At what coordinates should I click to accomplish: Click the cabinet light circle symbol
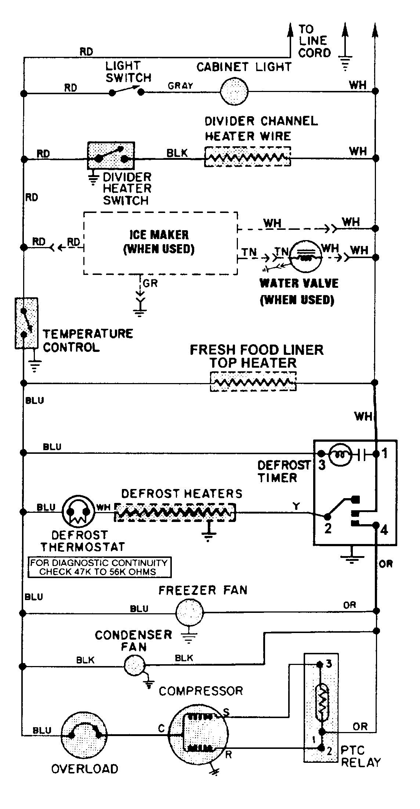coord(234,91)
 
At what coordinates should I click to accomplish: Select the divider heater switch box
coord(111,155)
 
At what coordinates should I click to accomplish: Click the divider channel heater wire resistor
coord(247,157)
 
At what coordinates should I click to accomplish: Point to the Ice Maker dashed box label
coord(159,242)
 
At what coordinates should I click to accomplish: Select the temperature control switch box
coord(26,323)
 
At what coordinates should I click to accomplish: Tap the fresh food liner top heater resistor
coord(253,382)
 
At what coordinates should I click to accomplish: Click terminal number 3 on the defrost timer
coord(322,465)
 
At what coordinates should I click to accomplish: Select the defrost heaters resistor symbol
coord(175,512)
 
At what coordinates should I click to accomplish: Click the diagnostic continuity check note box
coord(99,567)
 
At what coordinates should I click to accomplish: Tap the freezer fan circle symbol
coord(189,612)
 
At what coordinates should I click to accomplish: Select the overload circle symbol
coord(84,735)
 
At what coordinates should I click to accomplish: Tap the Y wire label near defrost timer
coord(296,506)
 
